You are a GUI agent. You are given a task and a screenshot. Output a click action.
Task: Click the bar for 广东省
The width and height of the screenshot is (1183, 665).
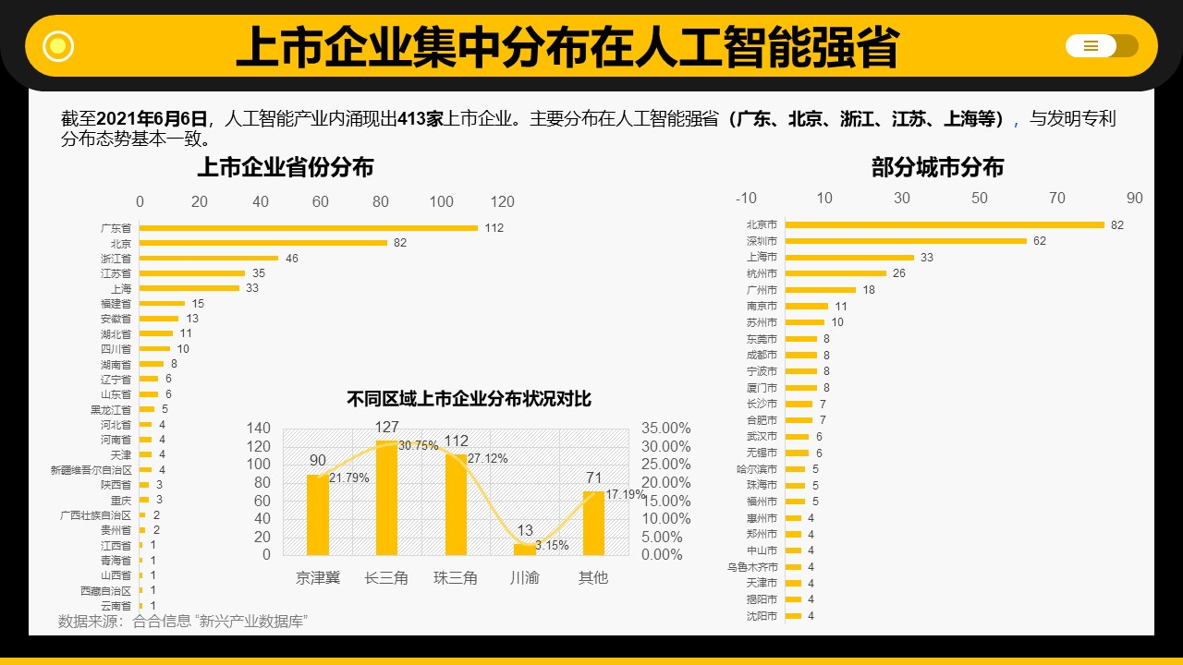pos(308,228)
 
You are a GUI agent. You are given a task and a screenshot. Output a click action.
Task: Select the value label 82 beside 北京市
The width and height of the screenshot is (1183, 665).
pos(1117,225)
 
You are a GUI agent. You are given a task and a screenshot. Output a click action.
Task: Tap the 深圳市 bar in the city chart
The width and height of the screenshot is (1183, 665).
pos(906,241)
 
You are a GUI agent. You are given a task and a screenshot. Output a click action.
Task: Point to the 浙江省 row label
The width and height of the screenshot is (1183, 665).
pos(116,259)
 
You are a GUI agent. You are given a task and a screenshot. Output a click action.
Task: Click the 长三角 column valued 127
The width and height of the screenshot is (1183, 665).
pos(386,498)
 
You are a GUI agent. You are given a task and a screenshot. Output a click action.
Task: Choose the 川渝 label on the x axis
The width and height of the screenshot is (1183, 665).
pos(525,578)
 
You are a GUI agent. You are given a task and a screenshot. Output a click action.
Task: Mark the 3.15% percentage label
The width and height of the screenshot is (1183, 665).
pos(552,546)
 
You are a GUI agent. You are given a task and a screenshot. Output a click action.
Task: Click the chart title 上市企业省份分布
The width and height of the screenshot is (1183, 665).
pos(286,167)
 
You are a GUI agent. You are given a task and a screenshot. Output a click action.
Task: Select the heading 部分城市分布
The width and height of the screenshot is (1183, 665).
pos(937,167)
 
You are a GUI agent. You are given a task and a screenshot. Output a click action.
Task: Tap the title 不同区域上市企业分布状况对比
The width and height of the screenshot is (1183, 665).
pos(469,399)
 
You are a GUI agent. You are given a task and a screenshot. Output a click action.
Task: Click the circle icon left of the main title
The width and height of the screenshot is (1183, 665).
pos(58,45)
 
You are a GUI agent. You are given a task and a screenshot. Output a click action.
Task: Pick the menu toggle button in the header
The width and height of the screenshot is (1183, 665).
pos(1101,46)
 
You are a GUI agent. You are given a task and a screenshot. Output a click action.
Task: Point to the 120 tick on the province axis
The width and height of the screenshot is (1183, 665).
pos(502,202)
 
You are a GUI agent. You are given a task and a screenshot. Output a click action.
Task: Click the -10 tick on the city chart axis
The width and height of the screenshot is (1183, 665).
pos(746,199)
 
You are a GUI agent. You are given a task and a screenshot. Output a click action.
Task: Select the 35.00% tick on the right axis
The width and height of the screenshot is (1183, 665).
pos(665,429)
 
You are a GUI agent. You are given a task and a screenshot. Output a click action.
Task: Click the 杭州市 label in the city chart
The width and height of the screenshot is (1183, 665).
pos(762,273)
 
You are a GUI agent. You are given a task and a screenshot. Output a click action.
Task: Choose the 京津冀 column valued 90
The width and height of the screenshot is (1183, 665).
pos(318,514)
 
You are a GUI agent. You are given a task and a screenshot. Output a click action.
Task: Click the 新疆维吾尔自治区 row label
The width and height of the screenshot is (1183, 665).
pos(91,470)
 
